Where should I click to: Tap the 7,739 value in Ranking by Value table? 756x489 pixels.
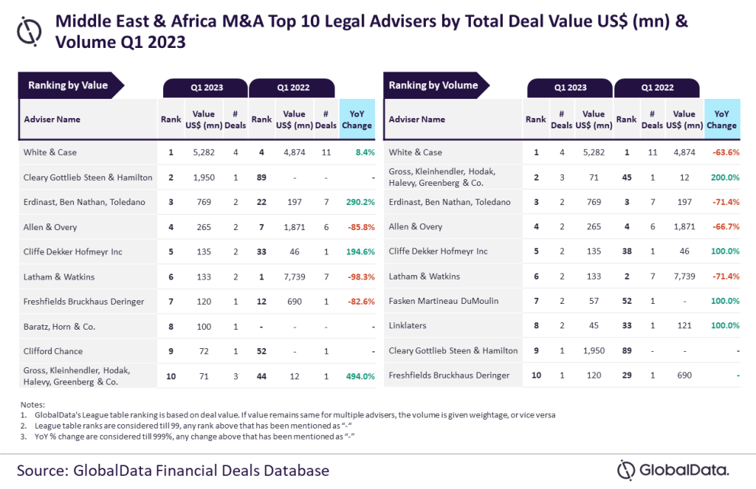click(x=294, y=277)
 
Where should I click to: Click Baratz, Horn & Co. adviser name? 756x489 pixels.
click(x=58, y=327)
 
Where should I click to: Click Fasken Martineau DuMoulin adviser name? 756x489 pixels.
click(x=443, y=301)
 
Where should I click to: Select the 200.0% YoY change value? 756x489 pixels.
click(x=724, y=177)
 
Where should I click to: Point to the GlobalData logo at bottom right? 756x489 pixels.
click(x=673, y=469)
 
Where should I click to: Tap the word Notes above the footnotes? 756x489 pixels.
click(x=32, y=405)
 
